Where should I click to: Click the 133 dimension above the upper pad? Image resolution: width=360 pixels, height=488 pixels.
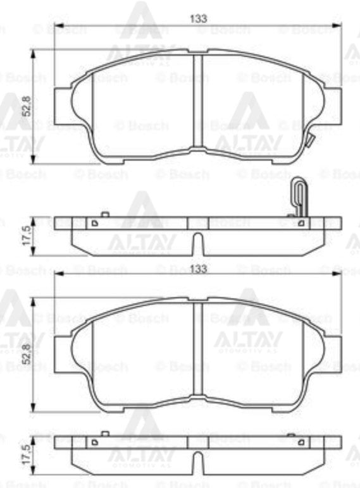pyautogui.click(x=198, y=19)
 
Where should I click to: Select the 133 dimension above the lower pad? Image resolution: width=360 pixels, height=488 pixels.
pyautogui.click(x=198, y=269)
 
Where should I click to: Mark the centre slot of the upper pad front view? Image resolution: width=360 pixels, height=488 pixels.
pyautogui.click(x=197, y=101)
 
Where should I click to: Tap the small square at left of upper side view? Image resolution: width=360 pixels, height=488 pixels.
pyautogui.click(x=94, y=223)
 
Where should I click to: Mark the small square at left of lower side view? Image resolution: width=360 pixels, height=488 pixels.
pyautogui.click(x=94, y=442)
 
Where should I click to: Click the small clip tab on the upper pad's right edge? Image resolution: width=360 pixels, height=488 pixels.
pyautogui.click(x=309, y=142)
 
